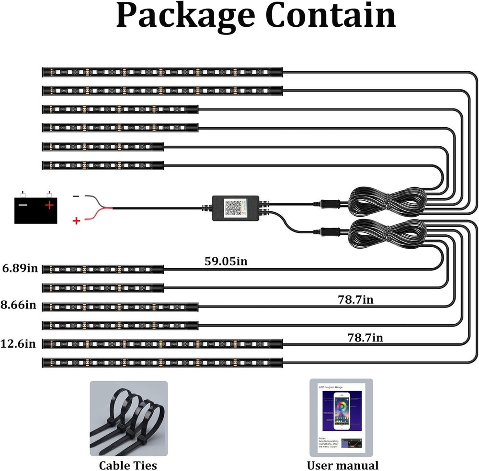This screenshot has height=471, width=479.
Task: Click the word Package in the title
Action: point(184,17)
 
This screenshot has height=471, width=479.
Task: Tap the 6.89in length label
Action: point(20,268)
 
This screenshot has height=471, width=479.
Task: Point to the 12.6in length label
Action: point(20,343)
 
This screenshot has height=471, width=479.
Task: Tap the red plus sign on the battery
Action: point(49,205)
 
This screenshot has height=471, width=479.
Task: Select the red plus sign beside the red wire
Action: point(76,220)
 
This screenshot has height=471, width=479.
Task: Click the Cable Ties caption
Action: point(128,465)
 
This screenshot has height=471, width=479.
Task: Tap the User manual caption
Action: point(342,465)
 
